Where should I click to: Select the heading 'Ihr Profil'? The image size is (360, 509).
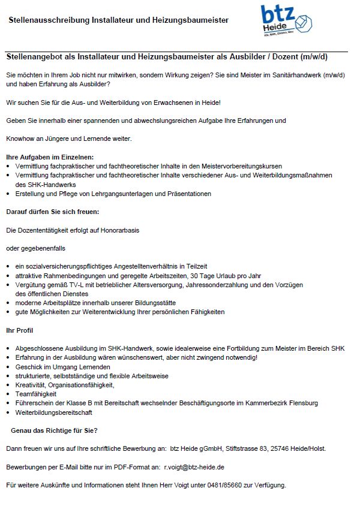(19, 330)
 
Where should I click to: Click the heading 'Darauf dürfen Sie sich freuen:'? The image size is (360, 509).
(53, 212)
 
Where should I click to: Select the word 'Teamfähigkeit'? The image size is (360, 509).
(36, 394)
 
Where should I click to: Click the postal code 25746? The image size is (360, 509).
(282, 448)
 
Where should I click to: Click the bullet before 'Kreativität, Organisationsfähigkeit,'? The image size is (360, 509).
(8, 385)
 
